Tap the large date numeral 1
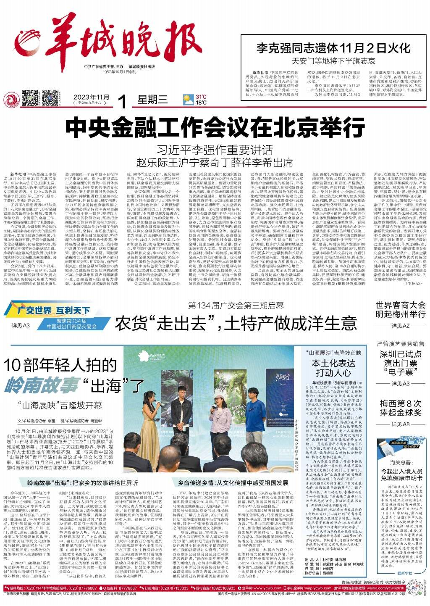[122, 102]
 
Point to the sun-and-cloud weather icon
[188, 100]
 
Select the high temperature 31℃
[201, 97]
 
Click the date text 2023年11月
[91, 97]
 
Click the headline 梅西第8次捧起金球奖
[400, 408]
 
